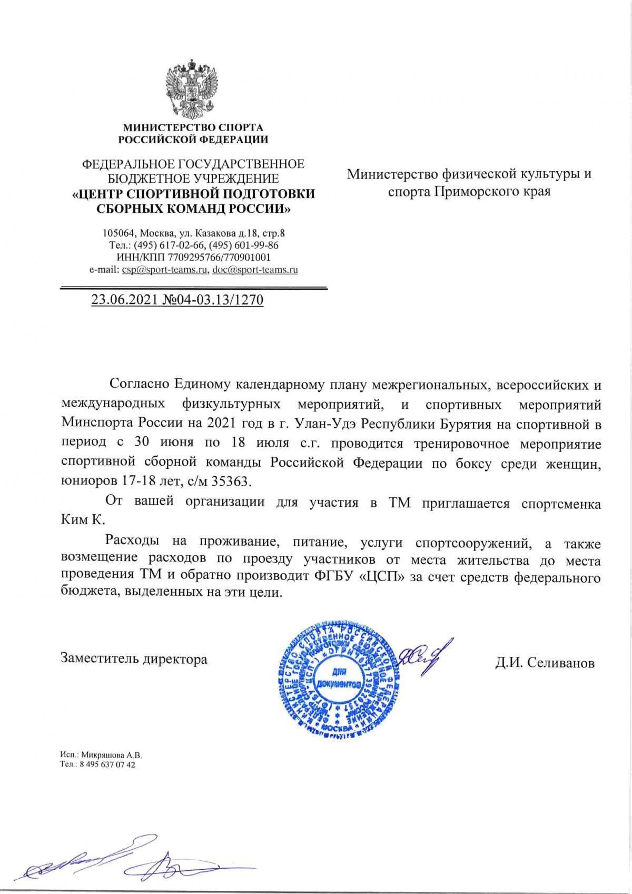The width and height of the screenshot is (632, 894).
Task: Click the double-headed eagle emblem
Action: tap(192, 90)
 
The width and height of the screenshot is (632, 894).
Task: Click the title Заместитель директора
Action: tap(134, 659)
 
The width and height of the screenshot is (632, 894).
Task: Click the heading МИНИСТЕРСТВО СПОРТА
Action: tap(193, 127)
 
